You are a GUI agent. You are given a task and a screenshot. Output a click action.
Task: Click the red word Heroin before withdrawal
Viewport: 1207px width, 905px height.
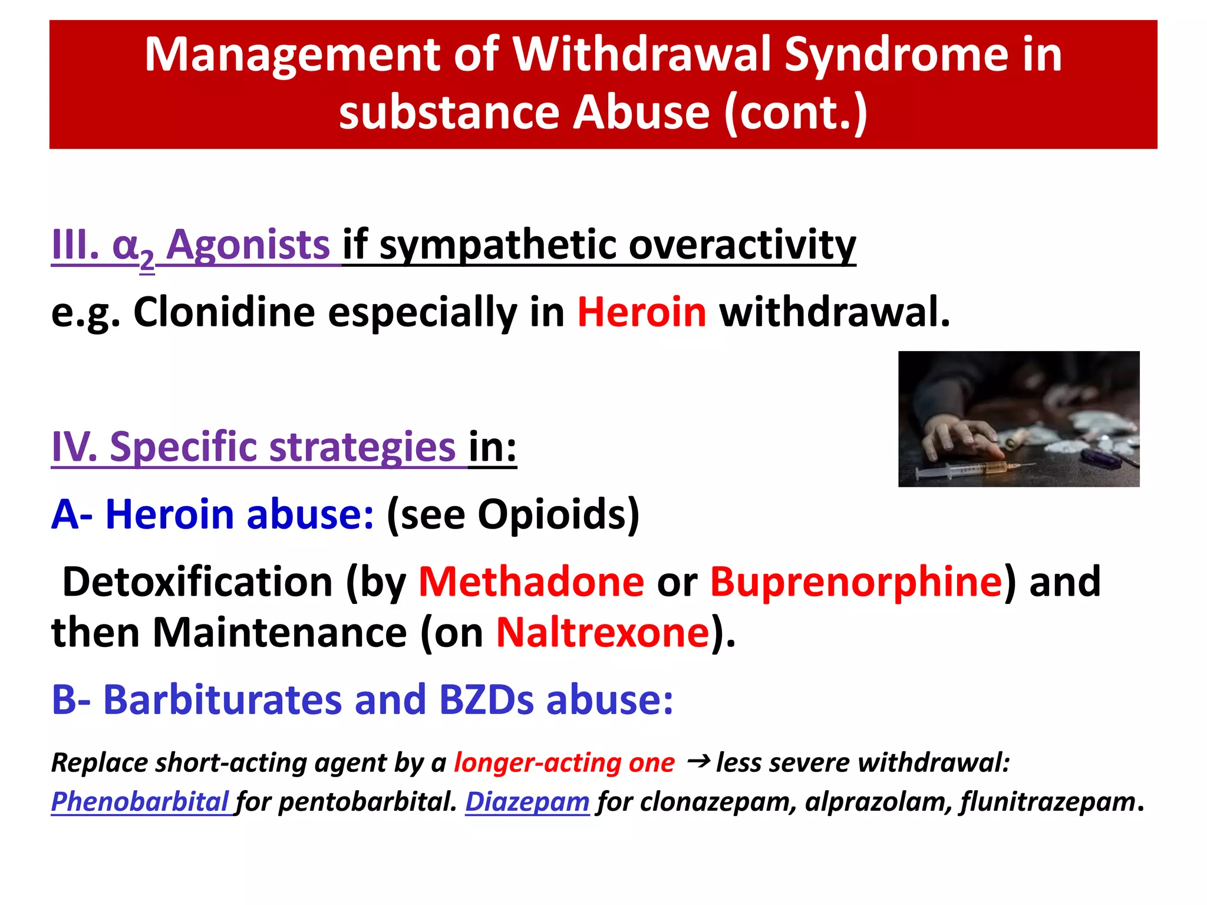tap(641, 312)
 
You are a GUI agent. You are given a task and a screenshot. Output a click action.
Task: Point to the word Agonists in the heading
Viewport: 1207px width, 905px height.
tap(248, 245)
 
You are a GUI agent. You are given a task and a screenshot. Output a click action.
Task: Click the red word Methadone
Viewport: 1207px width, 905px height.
tap(531, 582)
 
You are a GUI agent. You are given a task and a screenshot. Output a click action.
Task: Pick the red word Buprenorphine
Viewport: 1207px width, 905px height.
tap(856, 582)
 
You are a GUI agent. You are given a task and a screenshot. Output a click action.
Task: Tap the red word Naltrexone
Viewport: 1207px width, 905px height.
tap(602, 632)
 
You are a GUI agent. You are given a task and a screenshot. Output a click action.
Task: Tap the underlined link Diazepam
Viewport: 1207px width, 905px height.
tap(527, 801)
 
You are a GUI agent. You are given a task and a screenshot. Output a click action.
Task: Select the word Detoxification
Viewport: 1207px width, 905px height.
tap(197, 582)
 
